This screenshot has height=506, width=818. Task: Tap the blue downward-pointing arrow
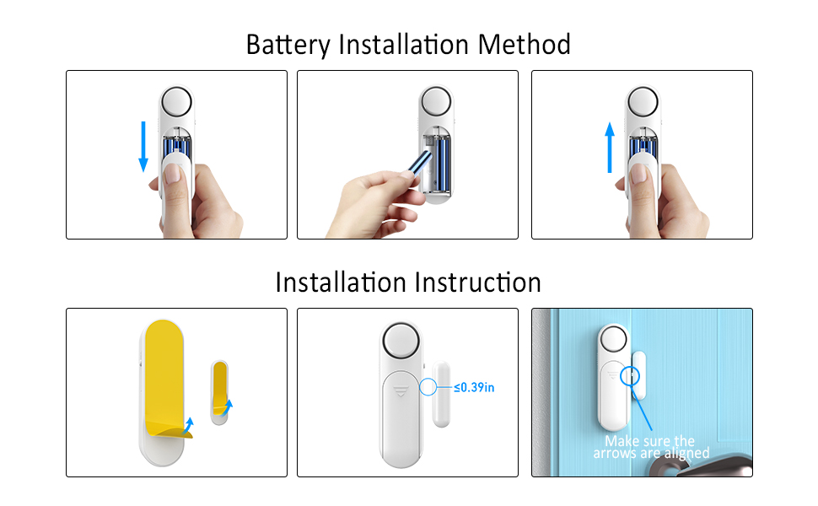(x=143, y=146)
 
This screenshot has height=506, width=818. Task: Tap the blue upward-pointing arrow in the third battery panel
(x=610, y=147)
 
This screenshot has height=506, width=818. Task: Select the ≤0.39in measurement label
(x=474, y=387)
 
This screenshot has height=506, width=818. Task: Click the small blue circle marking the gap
(x=429, y=387)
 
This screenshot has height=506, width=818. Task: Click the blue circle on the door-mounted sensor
(x=627, y=376)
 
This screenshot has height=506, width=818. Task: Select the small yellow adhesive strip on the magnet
(x=219, y=388)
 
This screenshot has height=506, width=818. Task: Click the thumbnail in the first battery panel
(x=173, y=175)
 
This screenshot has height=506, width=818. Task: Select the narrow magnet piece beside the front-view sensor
(x=443, y=392)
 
